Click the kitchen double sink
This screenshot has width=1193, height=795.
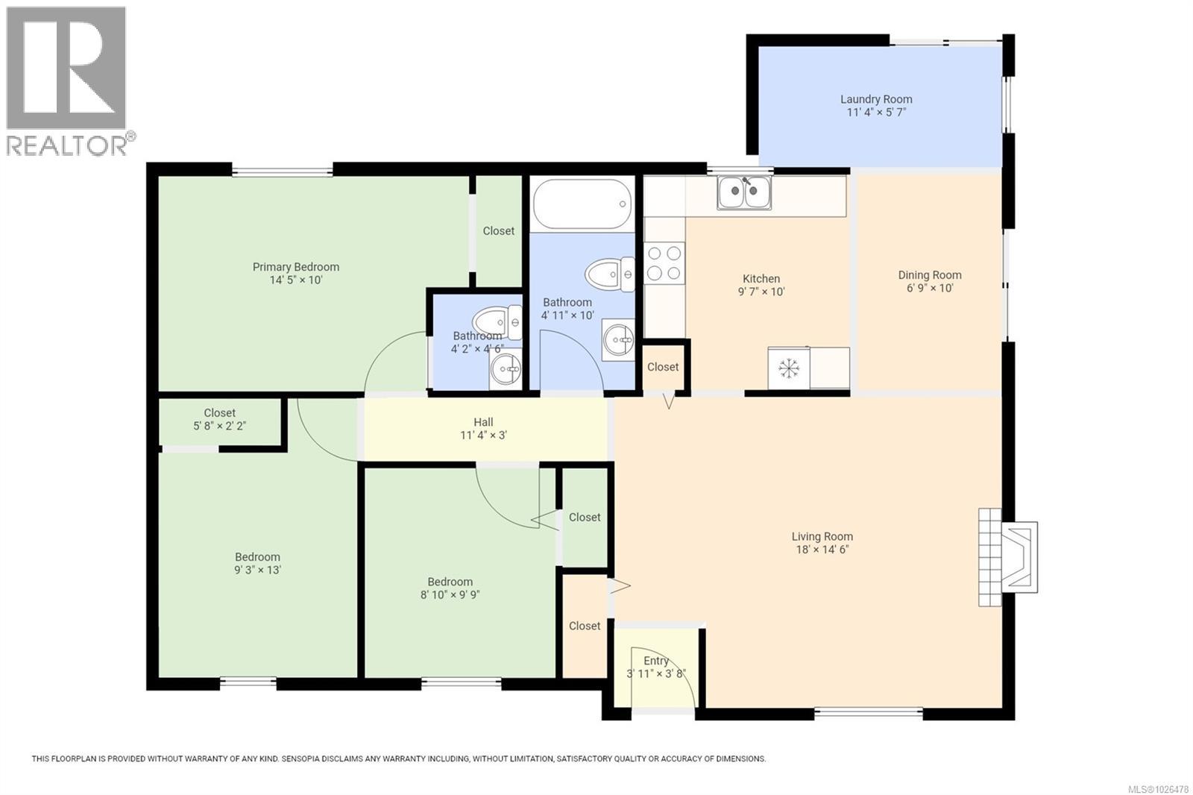744,192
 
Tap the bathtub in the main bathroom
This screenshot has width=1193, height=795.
582,204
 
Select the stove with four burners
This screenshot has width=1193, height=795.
664,263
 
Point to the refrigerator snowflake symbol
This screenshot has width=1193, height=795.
788,368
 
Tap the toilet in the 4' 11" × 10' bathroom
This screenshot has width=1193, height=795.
610,274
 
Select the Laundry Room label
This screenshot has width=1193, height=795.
876,99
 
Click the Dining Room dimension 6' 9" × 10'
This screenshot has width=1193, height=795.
930,288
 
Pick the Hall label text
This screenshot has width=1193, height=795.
483,422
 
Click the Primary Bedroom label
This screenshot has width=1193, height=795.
295,267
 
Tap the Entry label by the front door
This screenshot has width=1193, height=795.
656,661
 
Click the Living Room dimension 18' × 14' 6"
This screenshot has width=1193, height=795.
822,550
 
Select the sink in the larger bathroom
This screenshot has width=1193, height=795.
619,340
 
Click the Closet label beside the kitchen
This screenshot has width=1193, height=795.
663,367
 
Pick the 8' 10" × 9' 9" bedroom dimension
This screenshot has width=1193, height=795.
450,595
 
